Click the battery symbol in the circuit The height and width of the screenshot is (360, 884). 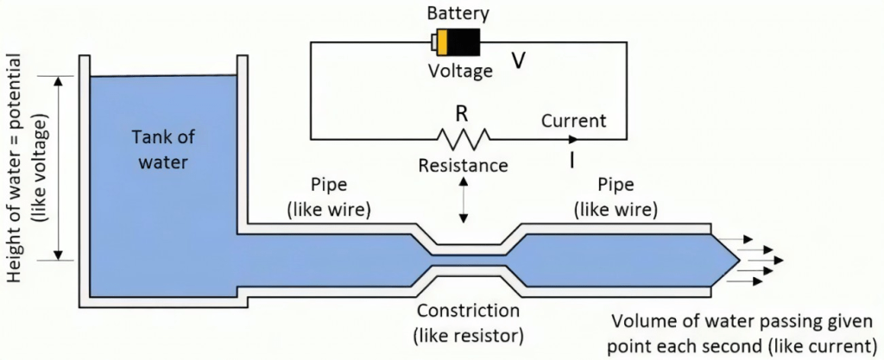pyautogui.click(x=457, y=42)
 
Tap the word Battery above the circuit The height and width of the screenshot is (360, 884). pyautogui.click(x=458, y=14)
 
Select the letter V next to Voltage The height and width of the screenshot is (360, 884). pyautogui.click(x=519, y=60)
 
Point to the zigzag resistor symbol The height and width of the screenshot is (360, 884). pyautogui.click(x=464, y=137)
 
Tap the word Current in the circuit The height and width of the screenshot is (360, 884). pyautogui.click(x=573, y=120)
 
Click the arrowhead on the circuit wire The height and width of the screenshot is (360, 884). pyautogui.click(x=574, y=138)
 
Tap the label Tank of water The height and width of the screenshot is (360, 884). pyautogui.click(x=161, y=148)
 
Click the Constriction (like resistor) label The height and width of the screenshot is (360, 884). pyautogui.click(x=469, y=321)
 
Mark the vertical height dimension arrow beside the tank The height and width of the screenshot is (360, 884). pyautogui.click(x=59, y=168)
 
